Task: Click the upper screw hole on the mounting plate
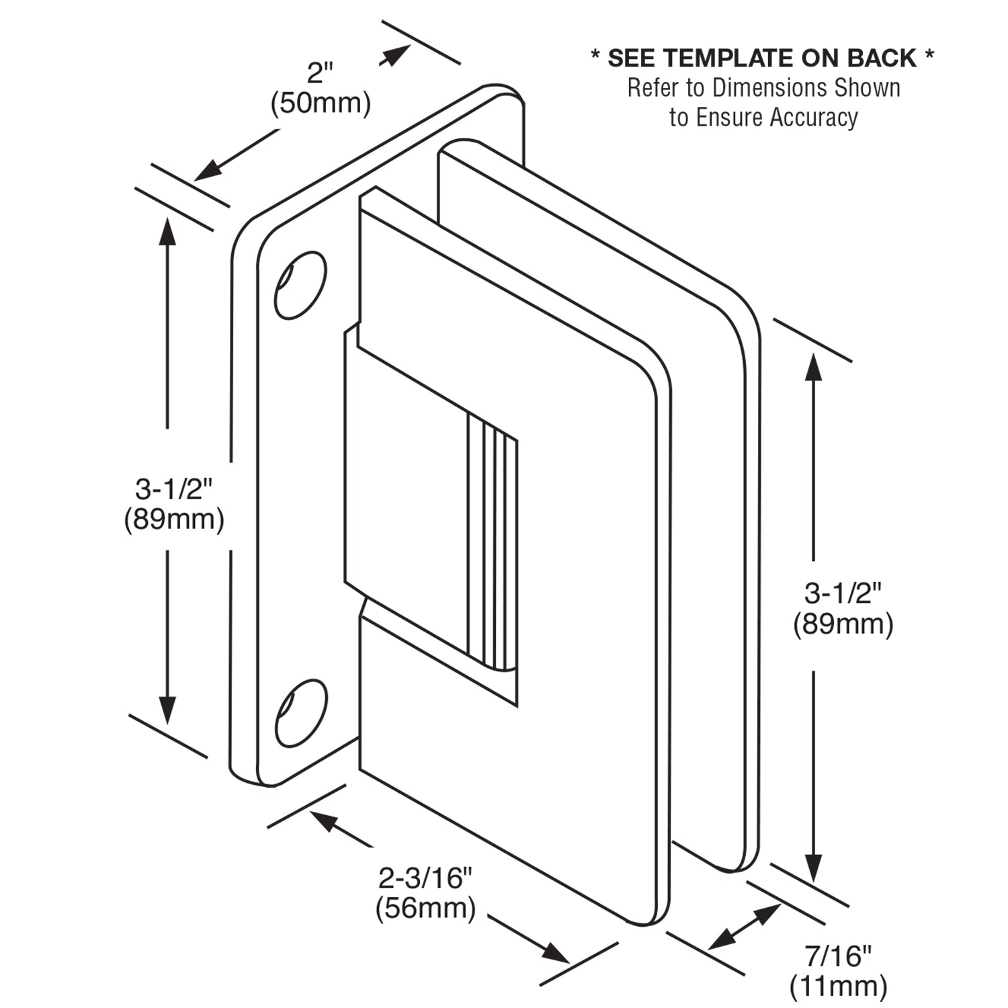pos(300,285)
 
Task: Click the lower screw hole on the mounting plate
pos(300,713)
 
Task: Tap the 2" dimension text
pos(321,73)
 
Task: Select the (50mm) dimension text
pos(321,103)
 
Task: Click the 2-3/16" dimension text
pos(426,878)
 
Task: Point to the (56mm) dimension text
pos(426,908)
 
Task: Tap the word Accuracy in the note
pos(814,118)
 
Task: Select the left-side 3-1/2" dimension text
pos(174,489)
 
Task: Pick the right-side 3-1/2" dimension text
pos(843,594)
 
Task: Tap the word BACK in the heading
pos(881,58)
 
